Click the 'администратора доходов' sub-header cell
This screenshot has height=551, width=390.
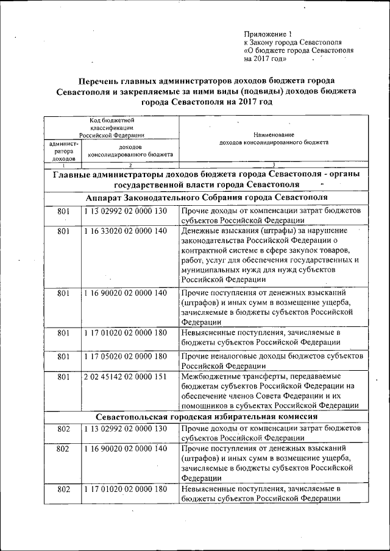63,151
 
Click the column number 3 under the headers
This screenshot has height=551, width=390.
274,164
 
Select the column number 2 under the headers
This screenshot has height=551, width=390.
130,164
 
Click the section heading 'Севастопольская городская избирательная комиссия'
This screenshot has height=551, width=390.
207,417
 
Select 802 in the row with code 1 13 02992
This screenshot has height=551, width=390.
63,429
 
